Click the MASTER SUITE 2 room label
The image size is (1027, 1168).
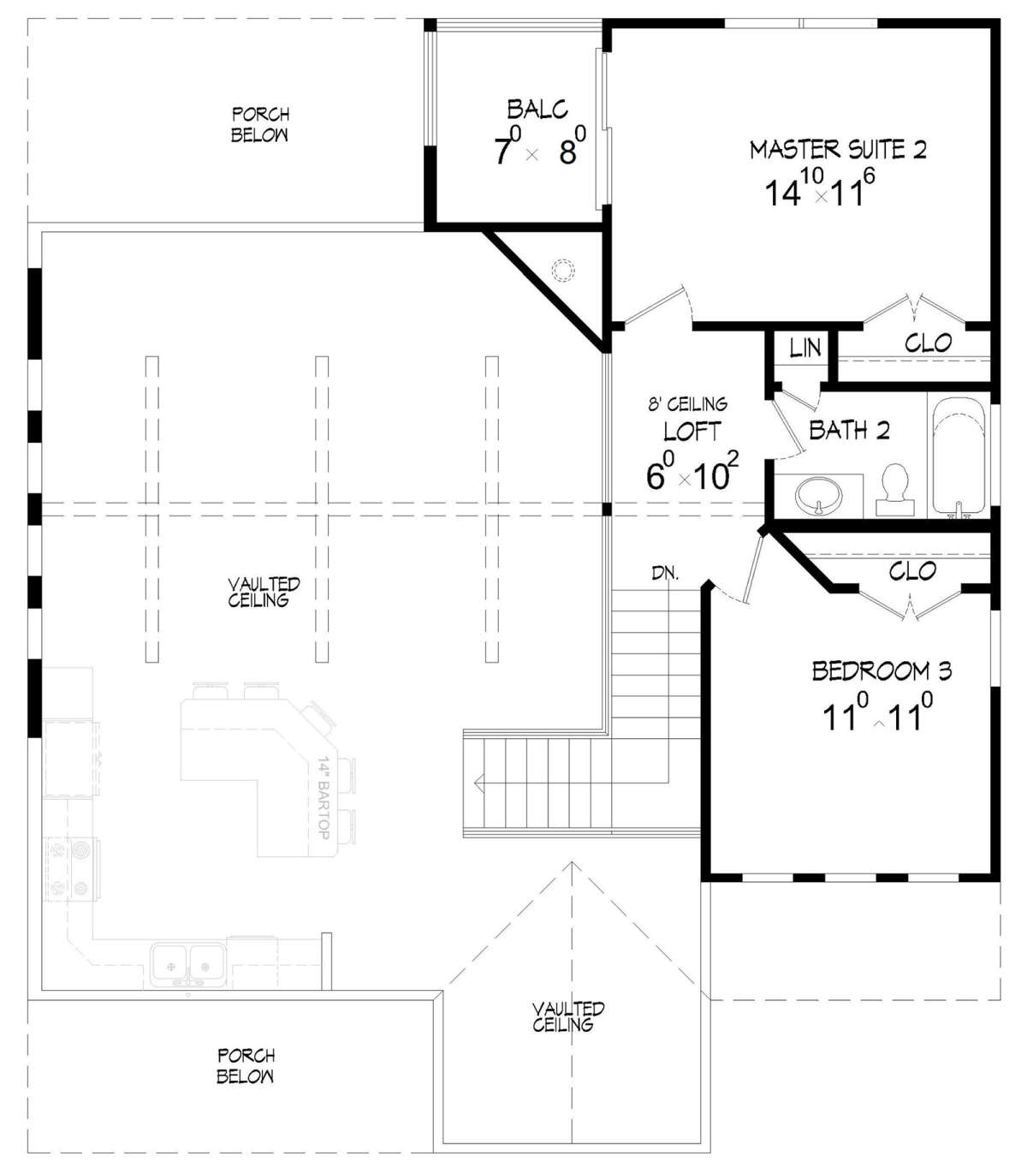tap(838, 150)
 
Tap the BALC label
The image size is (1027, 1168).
tap(537, 110)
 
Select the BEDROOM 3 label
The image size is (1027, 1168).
tap(882, 671)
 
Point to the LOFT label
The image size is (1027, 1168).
tap(692, 432)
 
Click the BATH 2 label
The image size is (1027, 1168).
tap(850, 430)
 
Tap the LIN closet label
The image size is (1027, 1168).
tap(805, 348)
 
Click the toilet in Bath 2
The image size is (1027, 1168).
tap(895, 490)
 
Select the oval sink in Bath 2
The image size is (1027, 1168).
tap(818, 495)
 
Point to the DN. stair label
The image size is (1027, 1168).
tap(666, 573)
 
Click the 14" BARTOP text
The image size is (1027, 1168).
tap(324, 797)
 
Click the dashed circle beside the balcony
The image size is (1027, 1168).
tap(562, 270)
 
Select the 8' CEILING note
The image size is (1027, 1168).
tap(687, 404)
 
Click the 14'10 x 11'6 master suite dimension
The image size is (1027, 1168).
tap(820, 188)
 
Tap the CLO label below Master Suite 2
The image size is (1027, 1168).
tap(928, 343)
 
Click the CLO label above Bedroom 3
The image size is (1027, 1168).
tap(912, 571)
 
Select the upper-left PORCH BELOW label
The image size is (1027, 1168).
tap(260, 124)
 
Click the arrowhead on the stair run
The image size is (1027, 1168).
tap(478, 783)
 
